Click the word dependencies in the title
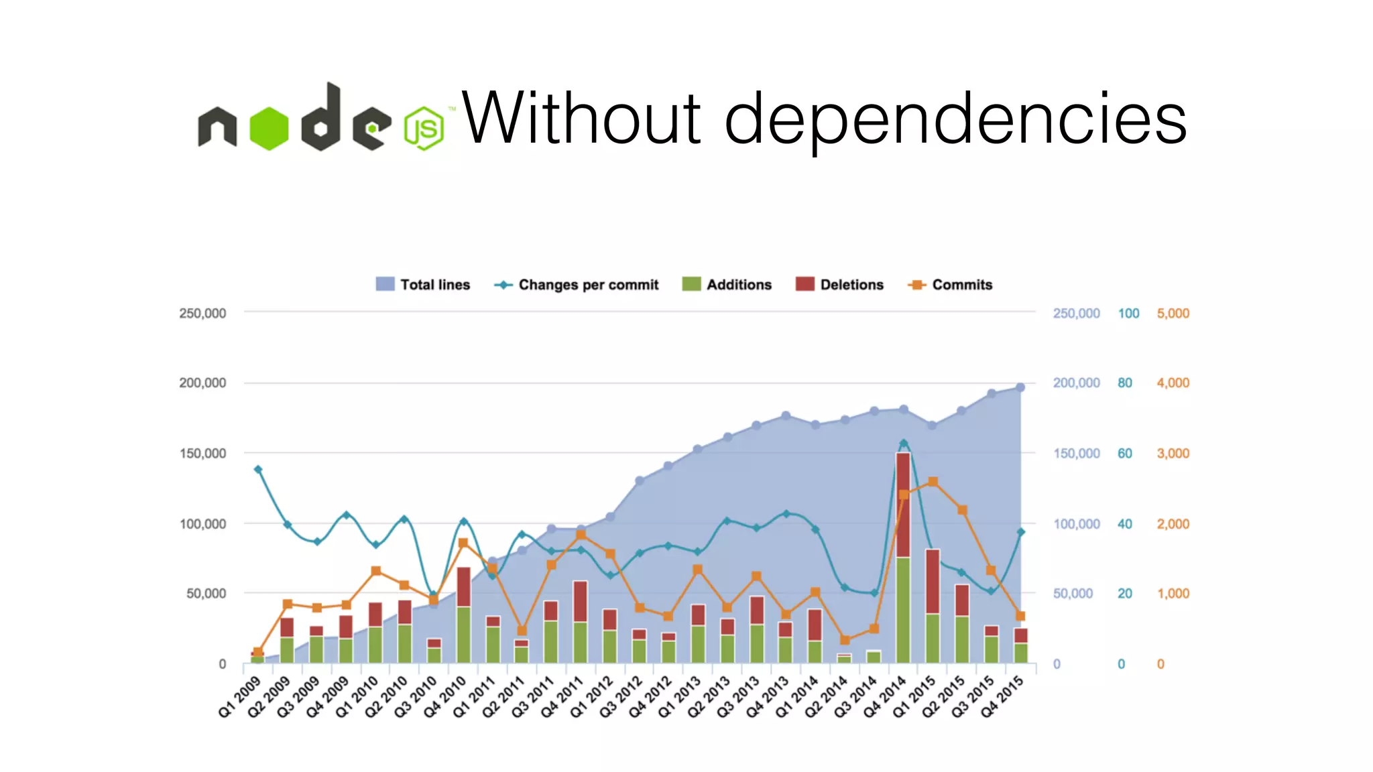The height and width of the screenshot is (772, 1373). tap(955, 121)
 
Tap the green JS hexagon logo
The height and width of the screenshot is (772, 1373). tap(424, 128)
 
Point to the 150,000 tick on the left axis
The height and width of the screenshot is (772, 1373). tap(202, 454)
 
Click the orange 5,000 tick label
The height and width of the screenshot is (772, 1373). tap(1173, 314)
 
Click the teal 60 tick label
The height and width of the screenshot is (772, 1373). tap(1124, 454)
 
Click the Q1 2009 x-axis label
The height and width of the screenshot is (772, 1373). tap(239, 697)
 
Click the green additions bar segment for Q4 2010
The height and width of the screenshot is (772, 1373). tap(463, 634)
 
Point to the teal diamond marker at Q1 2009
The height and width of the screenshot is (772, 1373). tap(258, 470)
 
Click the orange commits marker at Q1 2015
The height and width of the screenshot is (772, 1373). tap(933, 482)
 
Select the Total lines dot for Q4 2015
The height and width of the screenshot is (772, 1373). tap(1020, 387)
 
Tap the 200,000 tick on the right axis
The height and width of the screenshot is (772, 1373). tap(1076, 383)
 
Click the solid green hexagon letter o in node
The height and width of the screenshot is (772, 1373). tap(269, 129)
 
